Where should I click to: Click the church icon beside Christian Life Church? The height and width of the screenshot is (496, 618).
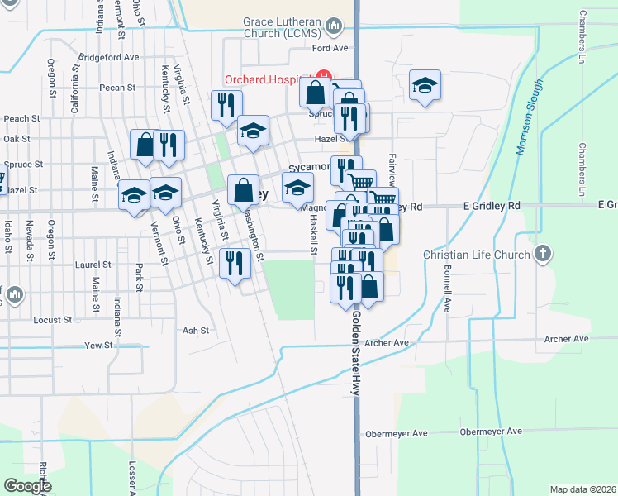(x=542, y=254)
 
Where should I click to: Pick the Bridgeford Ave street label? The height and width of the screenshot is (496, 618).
(x=108, y=58)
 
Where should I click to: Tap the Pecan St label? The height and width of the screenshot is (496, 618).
(x=116, y=87)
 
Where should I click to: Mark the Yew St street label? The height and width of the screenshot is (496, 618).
(x=97, y=345)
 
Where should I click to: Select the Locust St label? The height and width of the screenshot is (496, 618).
(x=48, y=319)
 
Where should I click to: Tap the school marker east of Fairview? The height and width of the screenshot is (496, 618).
(x=425, y=85)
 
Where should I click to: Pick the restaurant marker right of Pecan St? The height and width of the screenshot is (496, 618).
(x=226, y=105)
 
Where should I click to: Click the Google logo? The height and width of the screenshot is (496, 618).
(x=27, y=486)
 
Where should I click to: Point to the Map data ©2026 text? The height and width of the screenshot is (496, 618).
(x=582, y=489)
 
